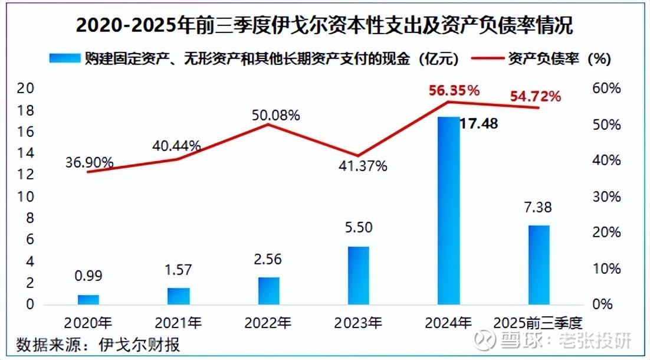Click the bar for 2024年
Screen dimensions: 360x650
[x=448, y=211]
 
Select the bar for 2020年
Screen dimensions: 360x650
[x=88, y=299]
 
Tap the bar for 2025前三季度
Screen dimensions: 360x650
[x=538, y=265]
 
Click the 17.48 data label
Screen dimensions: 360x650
[x=479, y=124]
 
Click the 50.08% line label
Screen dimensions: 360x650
[x=276, y=115]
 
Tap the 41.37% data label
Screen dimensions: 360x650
[x=363, y=166]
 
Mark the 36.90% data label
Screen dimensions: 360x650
[x=90, y=162]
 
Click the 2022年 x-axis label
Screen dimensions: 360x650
[x=268, y=323]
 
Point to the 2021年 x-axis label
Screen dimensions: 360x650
[x=178, y=323]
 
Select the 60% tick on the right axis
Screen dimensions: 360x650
[x=607, y=89]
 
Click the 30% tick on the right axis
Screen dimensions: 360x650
[x=607, y=197]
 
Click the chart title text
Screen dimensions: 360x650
[x=324, y=27]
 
